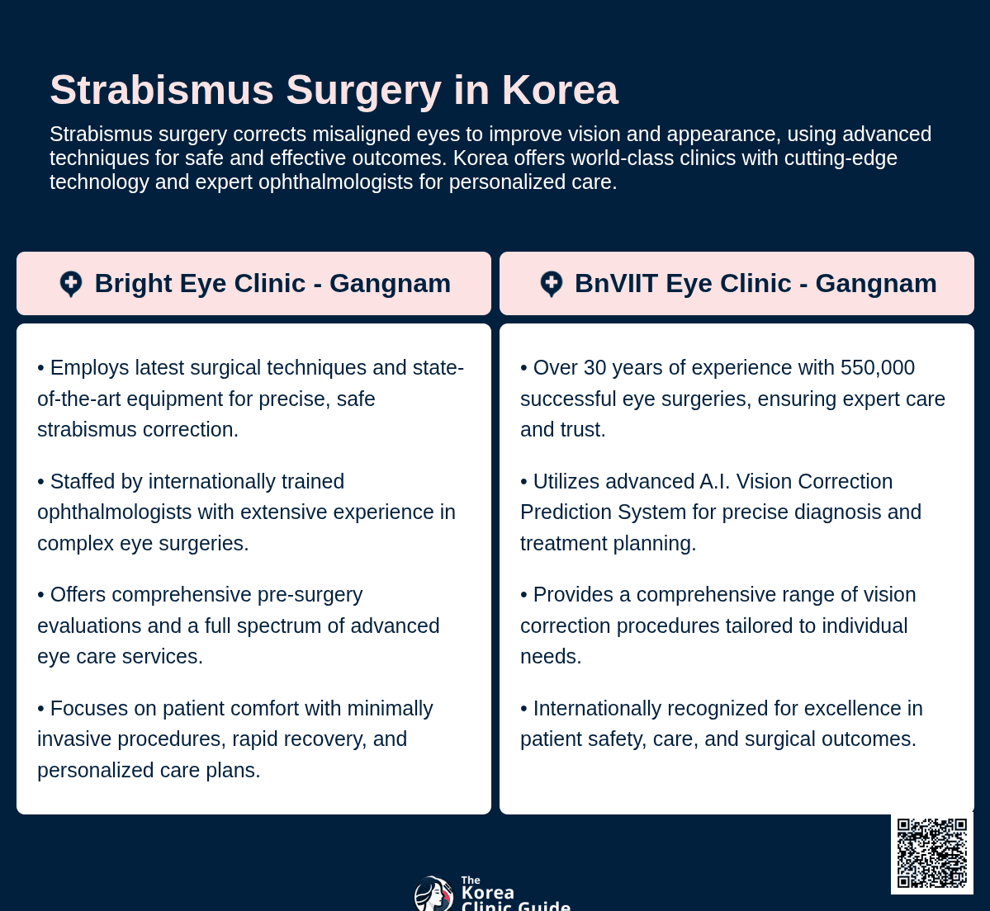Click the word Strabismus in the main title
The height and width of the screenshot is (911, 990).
tap(162, 90)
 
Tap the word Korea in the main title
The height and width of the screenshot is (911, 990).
tap(560, 90)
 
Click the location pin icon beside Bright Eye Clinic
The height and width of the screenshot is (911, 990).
tap(71, 285)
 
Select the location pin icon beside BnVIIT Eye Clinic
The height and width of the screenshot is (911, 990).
tap(552, 285)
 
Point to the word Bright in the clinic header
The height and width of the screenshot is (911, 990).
tap(133, 283)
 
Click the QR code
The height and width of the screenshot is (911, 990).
tap(932, 853)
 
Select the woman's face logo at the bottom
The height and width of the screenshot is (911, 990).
tap(433, 894)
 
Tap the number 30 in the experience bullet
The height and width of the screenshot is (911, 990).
tap(594, 367)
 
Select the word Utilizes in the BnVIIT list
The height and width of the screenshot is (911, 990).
tap(566, 481)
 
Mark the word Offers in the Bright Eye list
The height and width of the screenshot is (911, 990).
tap(79, 594)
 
